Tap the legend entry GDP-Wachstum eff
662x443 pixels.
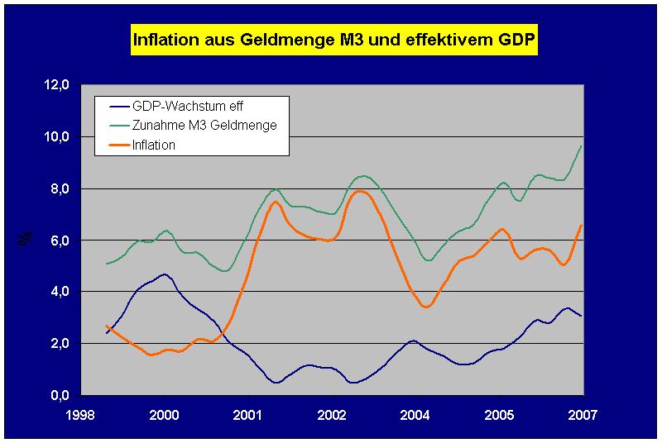pos(187,106)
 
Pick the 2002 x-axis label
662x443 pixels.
pos(332,412)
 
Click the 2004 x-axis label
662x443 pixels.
pos(415,412)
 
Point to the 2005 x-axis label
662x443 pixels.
pos(499,412)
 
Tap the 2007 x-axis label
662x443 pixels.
pos(583,412)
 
